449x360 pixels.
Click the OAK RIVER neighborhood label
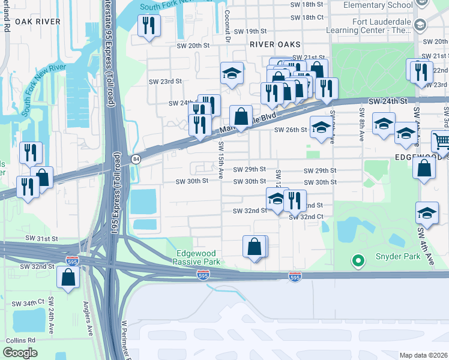[x=38, y=21]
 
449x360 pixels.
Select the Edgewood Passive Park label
[x=196, y=258]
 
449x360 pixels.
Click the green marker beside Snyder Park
[x=358, y=260]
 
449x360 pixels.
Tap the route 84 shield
[x=136, y=158]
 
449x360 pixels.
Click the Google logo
[x=20, y=352]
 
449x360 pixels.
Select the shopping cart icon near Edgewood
[x=441, y=142]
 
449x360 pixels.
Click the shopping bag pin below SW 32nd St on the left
[x=68, y=278]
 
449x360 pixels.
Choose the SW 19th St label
[x=250, y=31]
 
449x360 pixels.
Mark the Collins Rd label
[x=21, y=340]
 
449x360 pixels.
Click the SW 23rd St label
[x=165, y=81]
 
